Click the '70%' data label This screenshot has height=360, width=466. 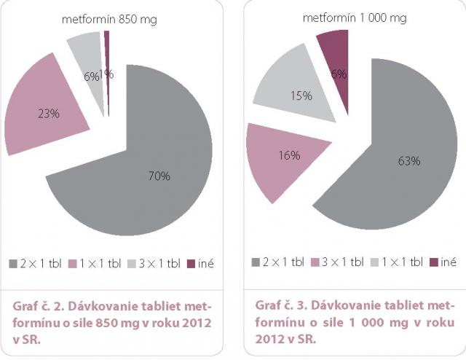(x=159, y=176)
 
